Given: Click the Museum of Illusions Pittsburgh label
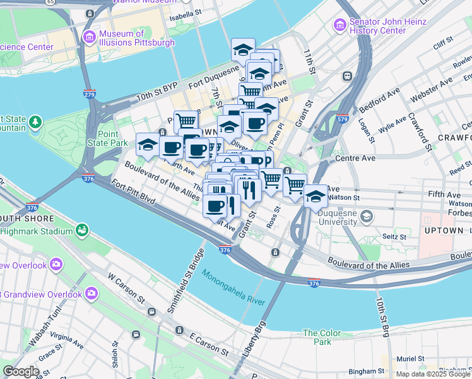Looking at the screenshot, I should pos(136,38).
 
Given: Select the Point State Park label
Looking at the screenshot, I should pos(112,138).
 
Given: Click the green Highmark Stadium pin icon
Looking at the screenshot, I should pos(81,229).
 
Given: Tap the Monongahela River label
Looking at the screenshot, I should pos(233,288).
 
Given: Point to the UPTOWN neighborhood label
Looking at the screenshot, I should pos(444,231).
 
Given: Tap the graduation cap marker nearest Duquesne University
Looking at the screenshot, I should pos(316,196).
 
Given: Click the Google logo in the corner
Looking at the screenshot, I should pos(21,371).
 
